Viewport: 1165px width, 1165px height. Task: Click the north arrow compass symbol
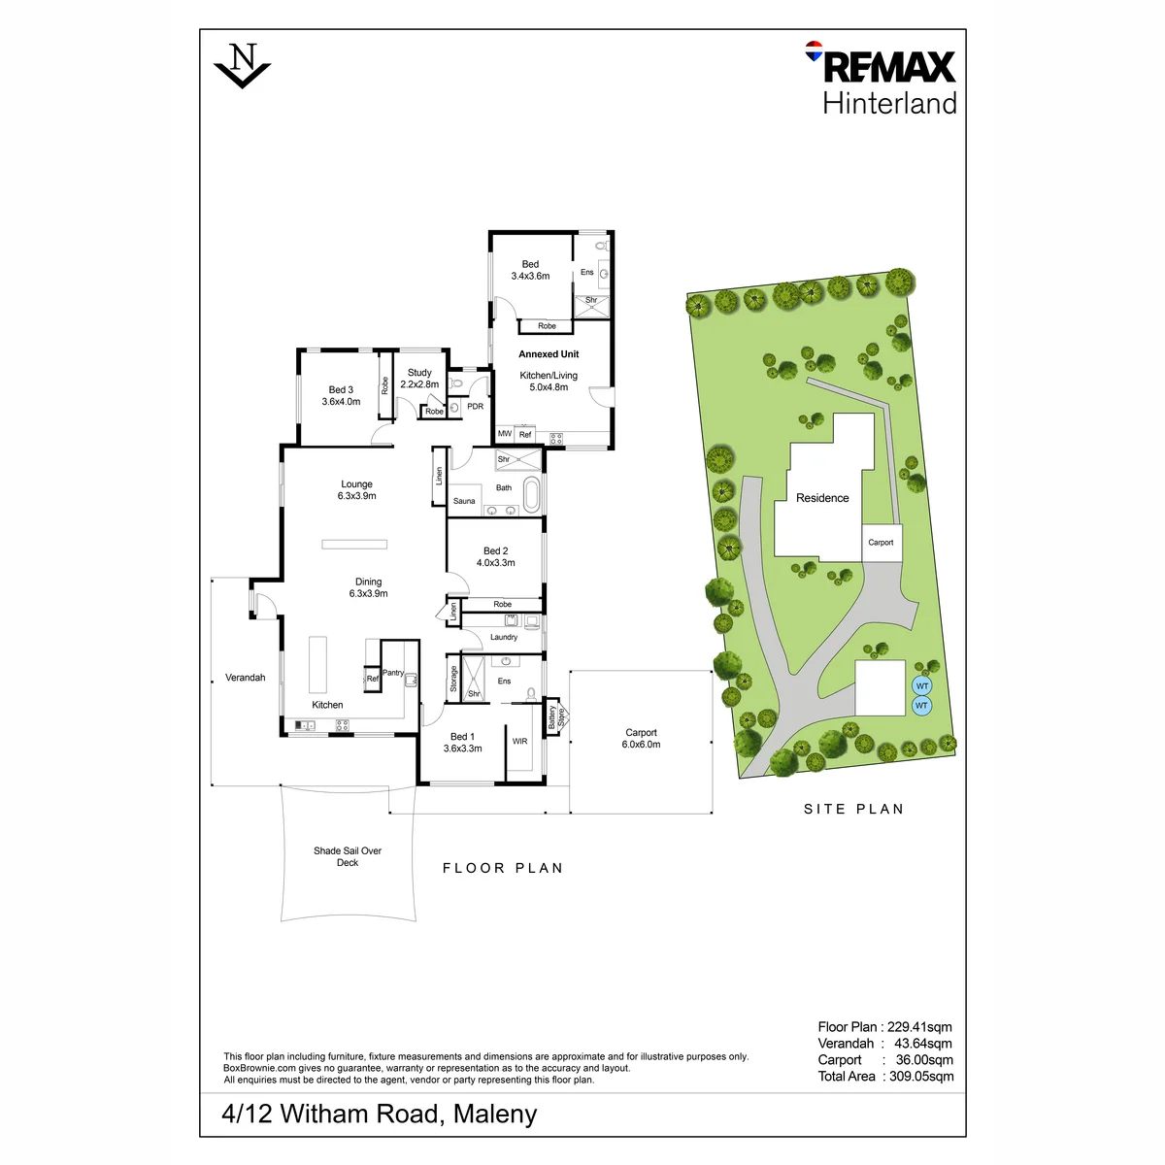242,65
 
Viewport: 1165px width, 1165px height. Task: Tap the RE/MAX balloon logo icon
814,50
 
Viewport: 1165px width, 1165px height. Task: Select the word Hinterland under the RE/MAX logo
889,103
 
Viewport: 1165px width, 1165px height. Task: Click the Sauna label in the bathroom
464,501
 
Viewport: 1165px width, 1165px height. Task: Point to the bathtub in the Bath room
531,494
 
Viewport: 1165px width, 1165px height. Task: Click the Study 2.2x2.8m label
419,379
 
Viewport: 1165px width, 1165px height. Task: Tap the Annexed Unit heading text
549,354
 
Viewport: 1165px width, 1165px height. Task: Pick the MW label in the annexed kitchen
504,433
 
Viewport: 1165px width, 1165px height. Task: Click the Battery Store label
556,717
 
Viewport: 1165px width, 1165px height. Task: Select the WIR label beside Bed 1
520,741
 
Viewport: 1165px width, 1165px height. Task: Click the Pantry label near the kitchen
393,672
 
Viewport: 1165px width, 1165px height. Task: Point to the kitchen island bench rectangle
318,664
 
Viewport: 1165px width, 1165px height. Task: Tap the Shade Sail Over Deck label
348,856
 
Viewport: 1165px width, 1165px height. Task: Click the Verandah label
245,678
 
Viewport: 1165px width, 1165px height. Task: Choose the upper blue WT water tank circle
922,686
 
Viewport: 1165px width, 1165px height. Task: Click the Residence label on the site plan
822,498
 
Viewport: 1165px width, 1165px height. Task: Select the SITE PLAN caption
853,809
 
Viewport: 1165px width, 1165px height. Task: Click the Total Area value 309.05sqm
921,1076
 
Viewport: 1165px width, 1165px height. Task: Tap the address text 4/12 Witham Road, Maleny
379,1114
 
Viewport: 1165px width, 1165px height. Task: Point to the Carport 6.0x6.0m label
641,738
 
